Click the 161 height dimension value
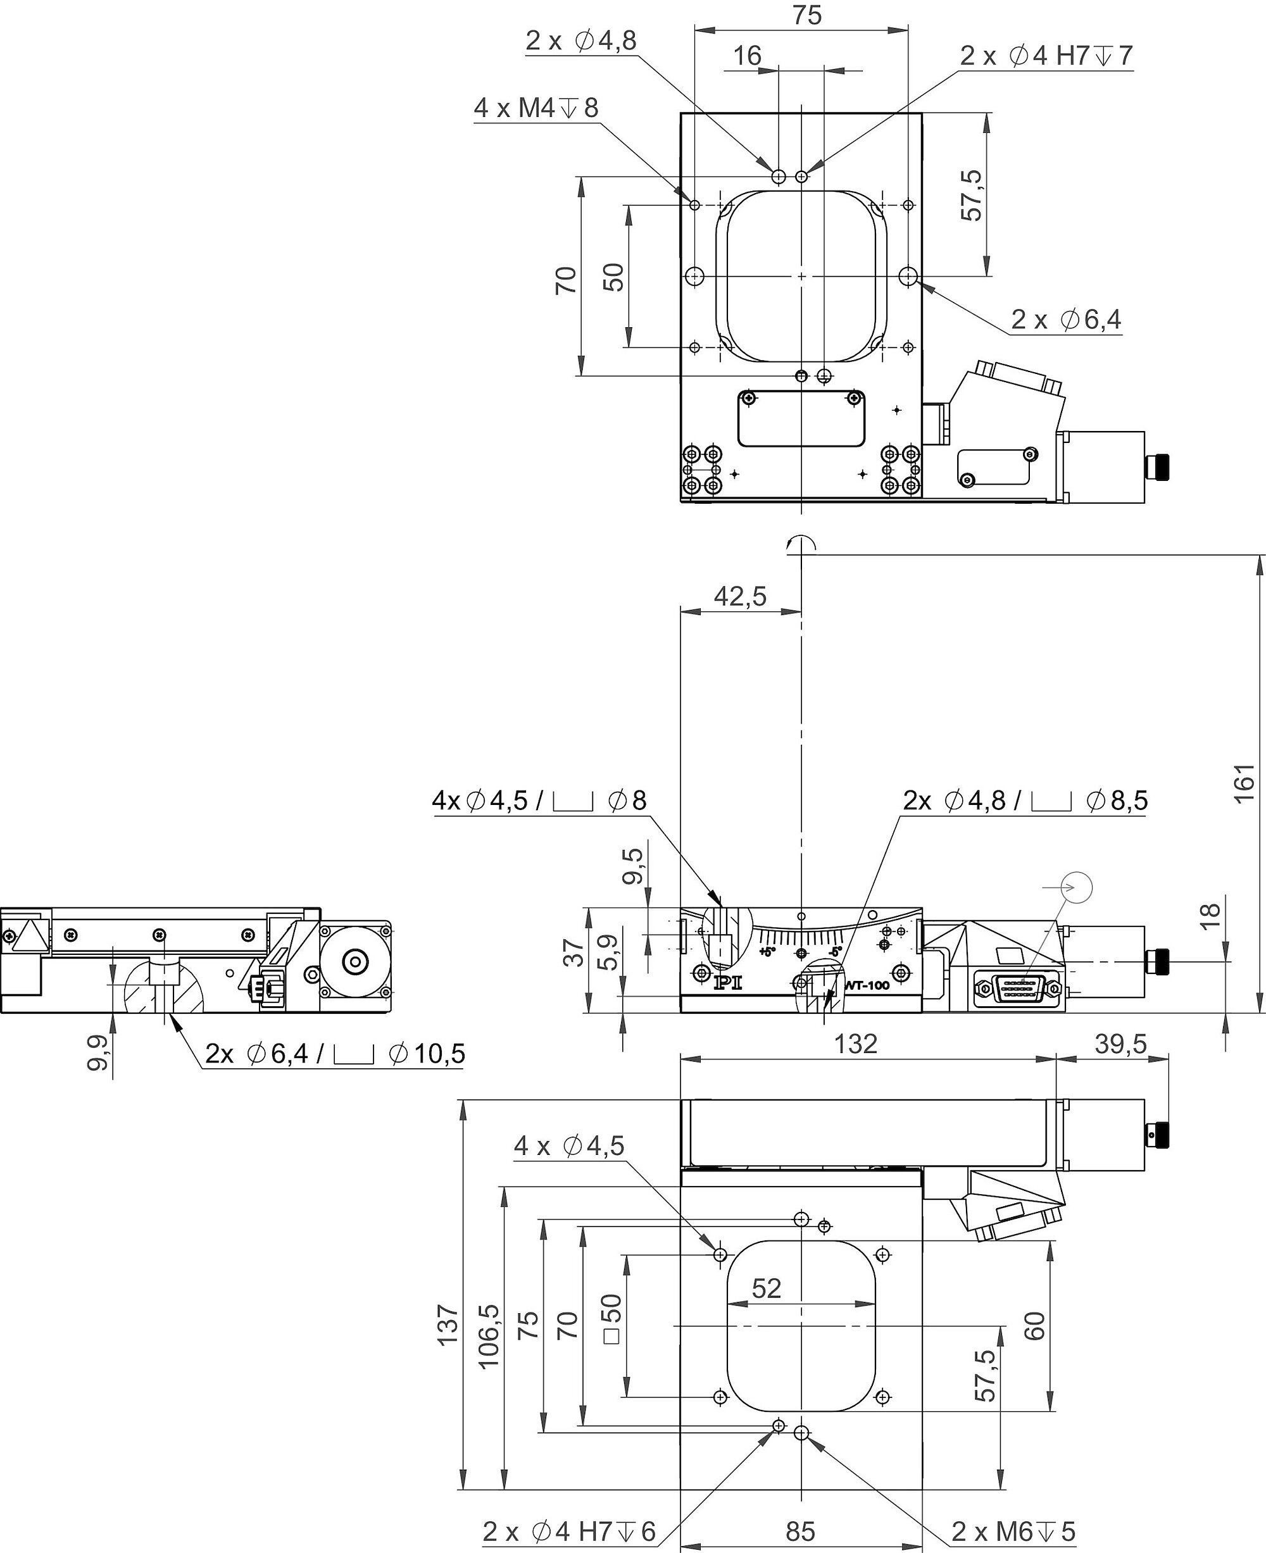(x=1244, y=783)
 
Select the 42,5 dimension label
(x=740, y=596)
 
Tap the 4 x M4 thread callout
(x=536, y=108)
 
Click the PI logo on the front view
(x=727, y=983)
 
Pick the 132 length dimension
(x=855, y=1044)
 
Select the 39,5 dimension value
(x=1121, y=1044)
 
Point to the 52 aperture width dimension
(x=767, y=1288)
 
